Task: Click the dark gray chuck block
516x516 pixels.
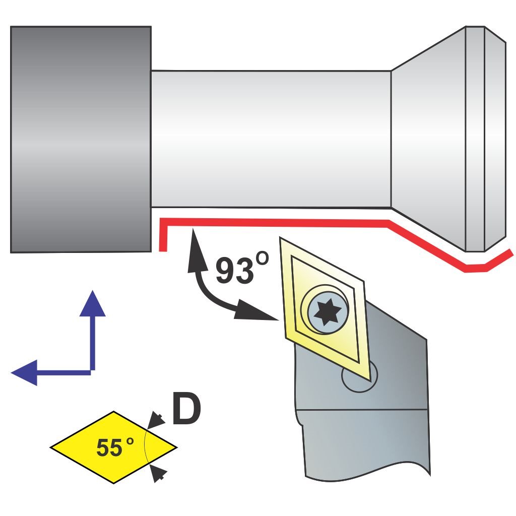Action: point(81,139)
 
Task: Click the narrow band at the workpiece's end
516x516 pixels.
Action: point(475,139)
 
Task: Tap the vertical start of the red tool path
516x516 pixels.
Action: point(163,237)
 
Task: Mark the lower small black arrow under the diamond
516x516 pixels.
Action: point(159,472)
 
